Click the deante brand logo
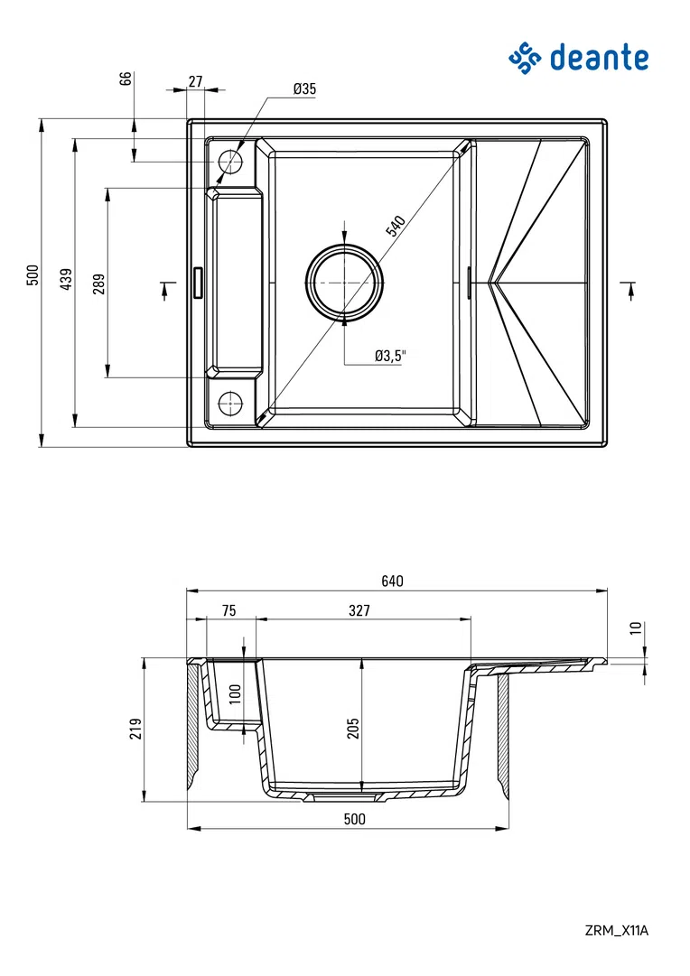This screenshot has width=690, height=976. click(578, 58)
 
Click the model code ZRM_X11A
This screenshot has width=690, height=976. click(617, 930)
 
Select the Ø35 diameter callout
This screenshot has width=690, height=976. click(304, 88)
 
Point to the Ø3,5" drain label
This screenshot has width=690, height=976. click(391, 356)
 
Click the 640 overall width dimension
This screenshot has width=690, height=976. click(392, 581)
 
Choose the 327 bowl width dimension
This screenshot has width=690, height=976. click(359, 610)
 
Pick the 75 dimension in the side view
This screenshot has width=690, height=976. click(228, 610)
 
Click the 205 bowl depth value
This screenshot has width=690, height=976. click(353, 728)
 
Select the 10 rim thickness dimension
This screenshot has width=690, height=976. click(636, 628)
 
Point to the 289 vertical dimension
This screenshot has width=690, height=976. click(98, 284)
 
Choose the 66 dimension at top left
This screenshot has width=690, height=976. click(126, 78)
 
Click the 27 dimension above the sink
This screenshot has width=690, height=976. click(195, 81)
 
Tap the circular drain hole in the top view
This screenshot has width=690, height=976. click(344, 282)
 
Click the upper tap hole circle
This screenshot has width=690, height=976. click(230, 163)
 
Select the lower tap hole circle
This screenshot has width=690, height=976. click(230, 401)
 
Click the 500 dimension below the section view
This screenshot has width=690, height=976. click(355, 819)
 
